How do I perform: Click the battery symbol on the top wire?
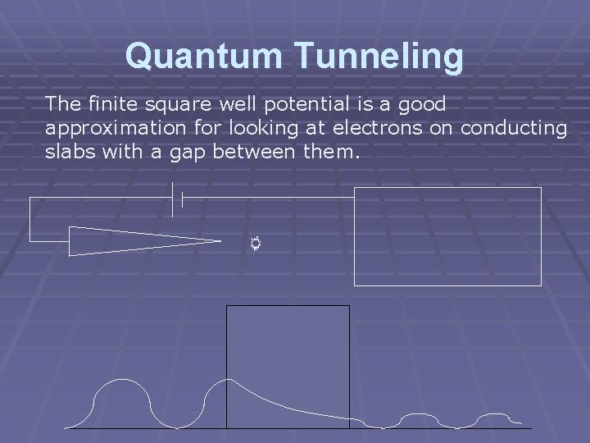click(176, 199)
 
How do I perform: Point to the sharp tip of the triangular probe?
click(220, 240)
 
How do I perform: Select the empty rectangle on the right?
click(447, 236)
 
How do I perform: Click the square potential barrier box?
click(287, 345)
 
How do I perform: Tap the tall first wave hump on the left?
click(122, 382)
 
